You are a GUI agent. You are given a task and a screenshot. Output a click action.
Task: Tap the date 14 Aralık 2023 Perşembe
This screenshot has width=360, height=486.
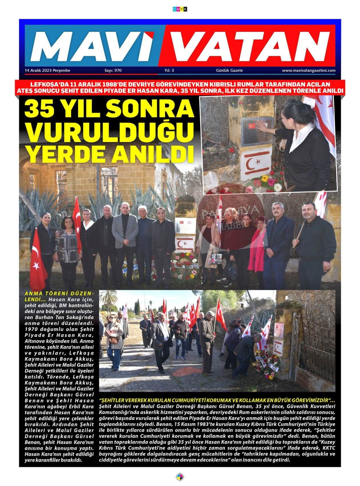pyautogui.click(x=48, y=70)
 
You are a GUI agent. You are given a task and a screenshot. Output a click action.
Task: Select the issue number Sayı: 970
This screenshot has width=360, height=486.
pyautogui.click(x=113, y=70)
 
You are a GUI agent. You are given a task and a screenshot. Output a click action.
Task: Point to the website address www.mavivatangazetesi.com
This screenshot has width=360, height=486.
pyautogui.click(x=308, y=70)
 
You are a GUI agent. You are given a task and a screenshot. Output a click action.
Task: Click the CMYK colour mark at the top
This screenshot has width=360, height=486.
pyautogui.click(x=180, y=9)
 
